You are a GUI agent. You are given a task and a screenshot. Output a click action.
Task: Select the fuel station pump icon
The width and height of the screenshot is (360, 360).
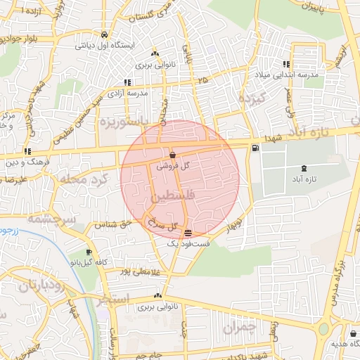tap(254, 148)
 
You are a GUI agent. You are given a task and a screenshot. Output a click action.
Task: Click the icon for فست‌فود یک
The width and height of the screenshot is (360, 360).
tap(188, 233)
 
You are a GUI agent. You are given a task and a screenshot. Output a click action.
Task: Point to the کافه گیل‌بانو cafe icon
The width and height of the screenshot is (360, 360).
tap(89, 252)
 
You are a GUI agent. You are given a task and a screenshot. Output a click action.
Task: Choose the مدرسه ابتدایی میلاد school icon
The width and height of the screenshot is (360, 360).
tap(285, 64)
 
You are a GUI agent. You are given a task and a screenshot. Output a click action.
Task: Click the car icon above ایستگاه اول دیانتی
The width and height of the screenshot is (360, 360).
tap(104, 34)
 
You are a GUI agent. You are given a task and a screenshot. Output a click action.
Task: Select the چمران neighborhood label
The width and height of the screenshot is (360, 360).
tap(240, 327)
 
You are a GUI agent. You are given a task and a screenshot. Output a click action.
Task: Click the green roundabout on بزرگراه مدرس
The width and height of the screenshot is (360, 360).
tap(324, 328)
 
